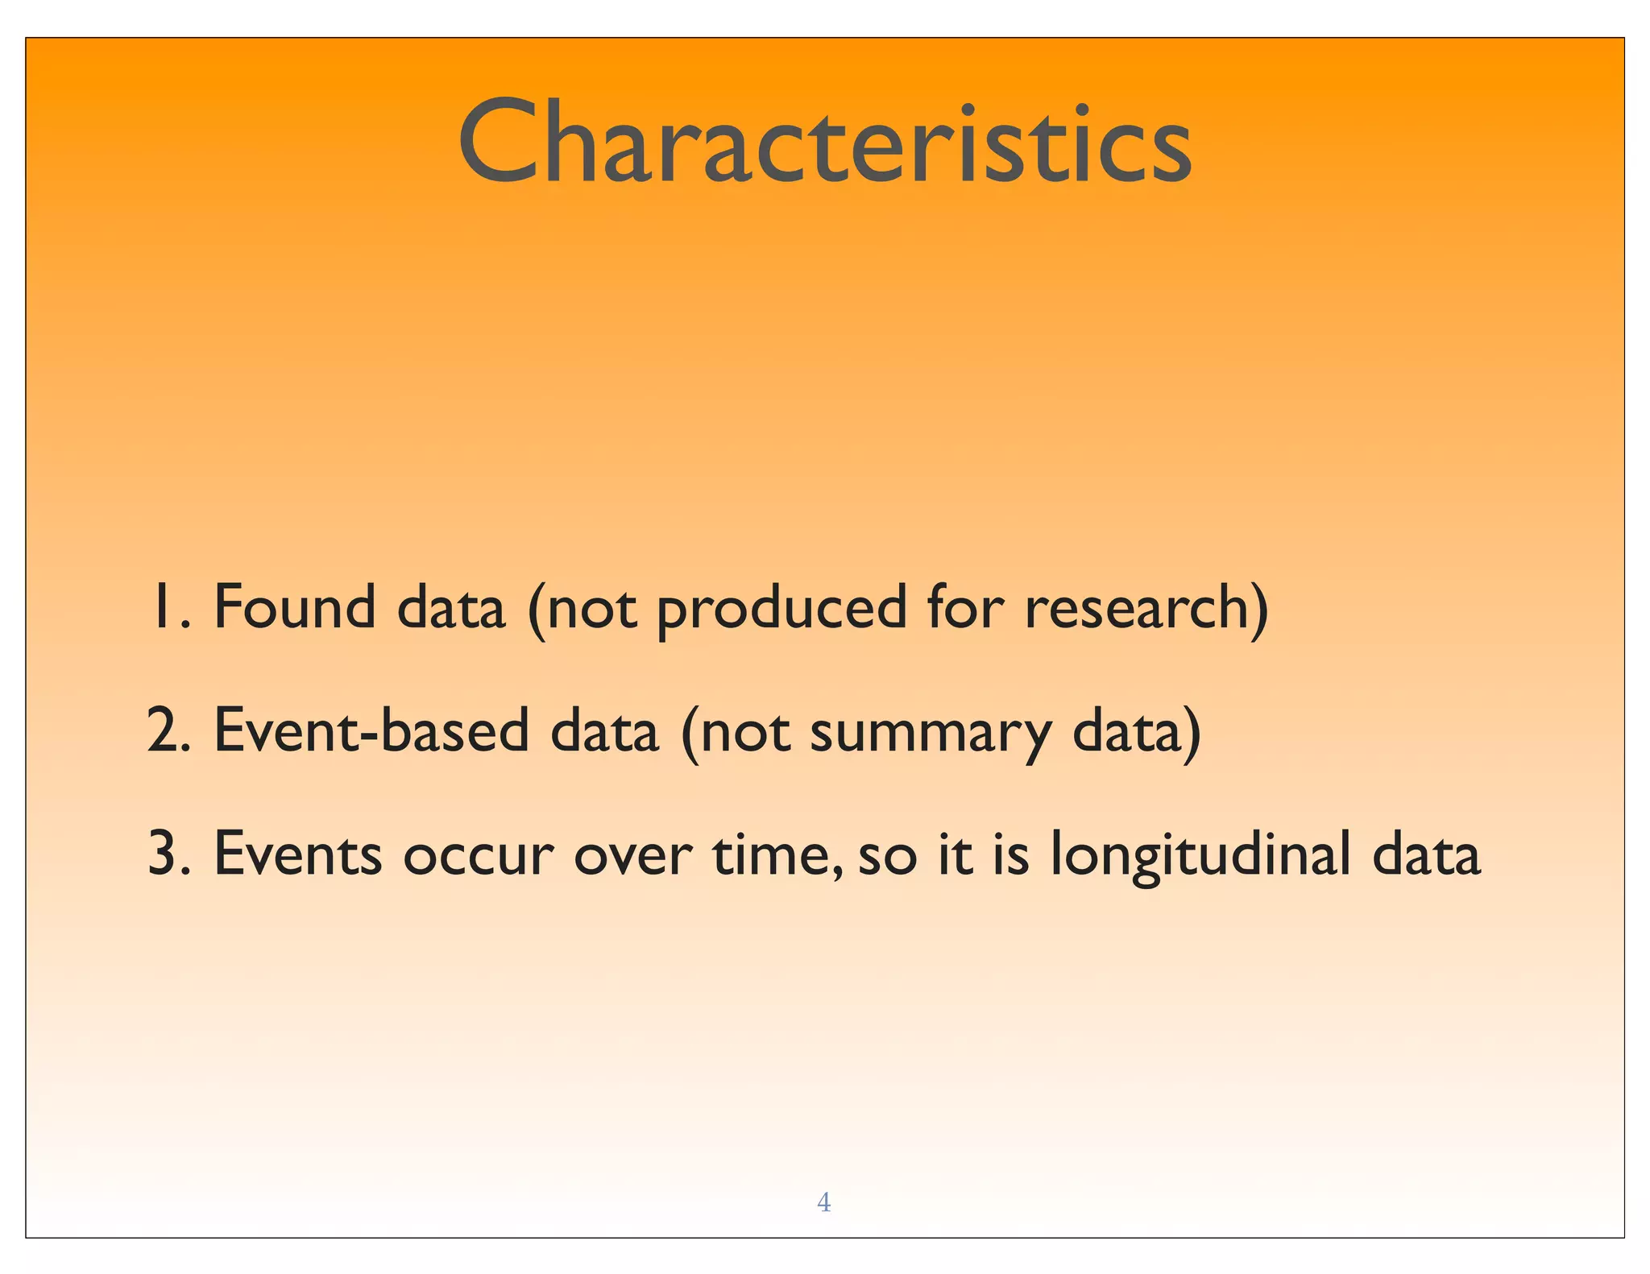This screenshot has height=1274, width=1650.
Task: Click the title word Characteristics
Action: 824,143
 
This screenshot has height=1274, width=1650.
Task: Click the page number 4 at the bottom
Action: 823,1202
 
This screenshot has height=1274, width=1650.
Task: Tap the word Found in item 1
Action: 295,607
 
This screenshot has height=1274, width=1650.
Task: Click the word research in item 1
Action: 1136,609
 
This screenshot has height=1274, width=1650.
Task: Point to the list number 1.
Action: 160,607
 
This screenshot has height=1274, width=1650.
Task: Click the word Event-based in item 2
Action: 371,730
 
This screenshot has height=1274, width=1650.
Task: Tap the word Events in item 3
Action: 297,854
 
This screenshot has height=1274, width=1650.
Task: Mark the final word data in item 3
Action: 1426,854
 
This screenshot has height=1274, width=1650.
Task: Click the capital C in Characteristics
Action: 498,143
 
